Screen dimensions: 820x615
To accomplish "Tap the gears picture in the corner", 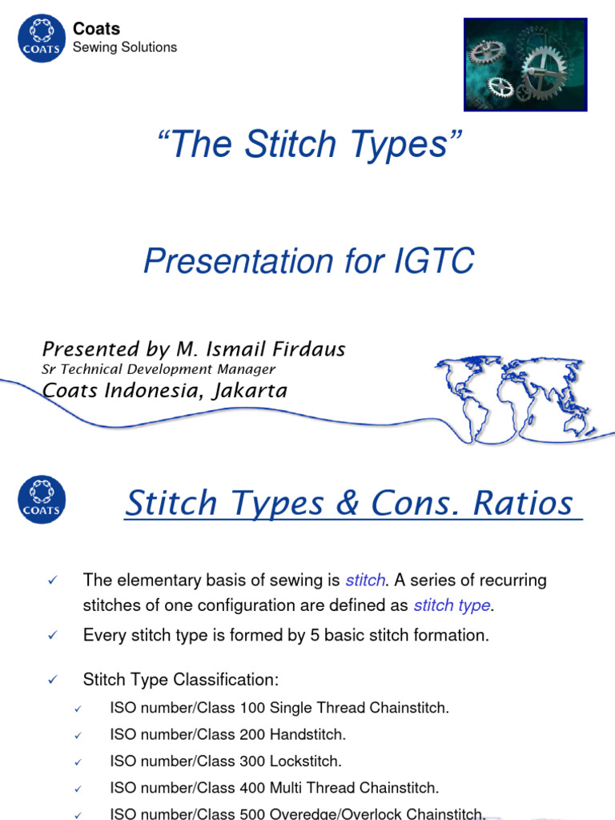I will pos(526,64).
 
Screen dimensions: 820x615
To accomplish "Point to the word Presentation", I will pos(225,262).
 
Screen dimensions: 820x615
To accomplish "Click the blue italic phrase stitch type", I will pos(451,605).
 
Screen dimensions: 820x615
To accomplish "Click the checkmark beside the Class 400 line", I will pos(78,789).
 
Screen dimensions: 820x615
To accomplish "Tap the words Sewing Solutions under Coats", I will pos(125,47).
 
